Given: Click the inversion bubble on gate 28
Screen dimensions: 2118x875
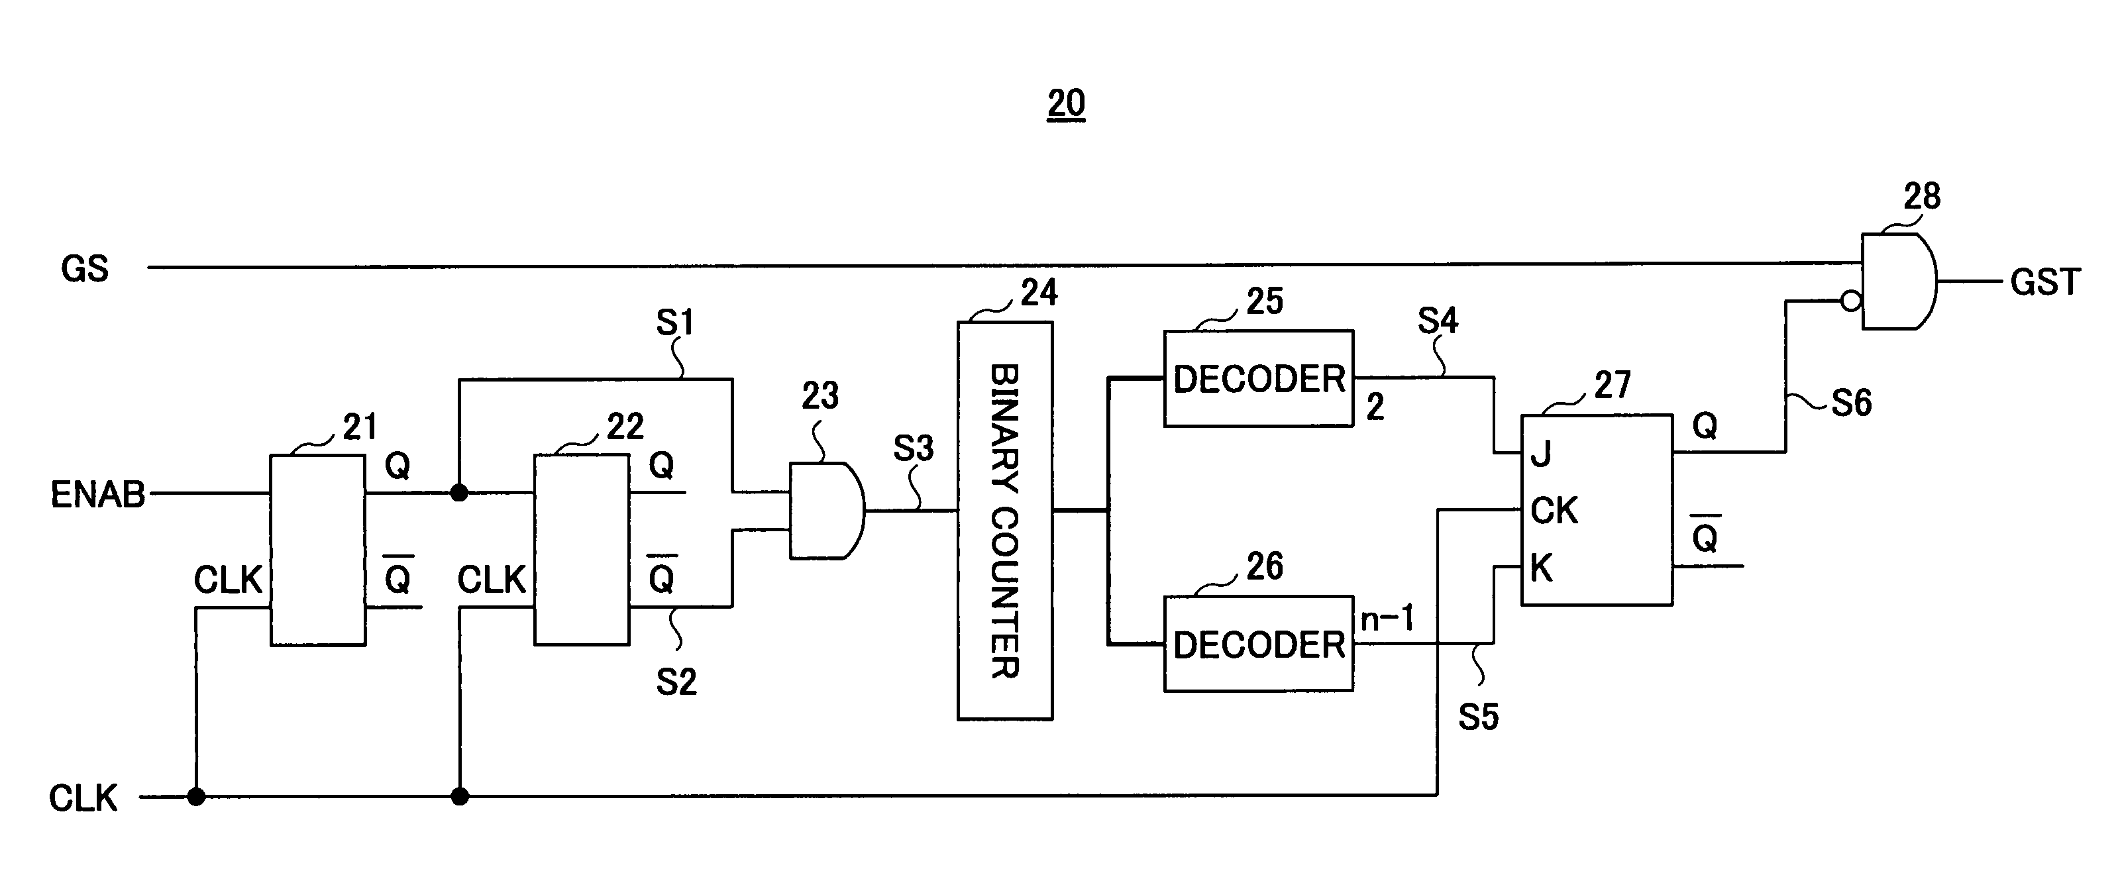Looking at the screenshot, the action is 1852,301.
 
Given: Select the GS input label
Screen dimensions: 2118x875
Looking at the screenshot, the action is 85,269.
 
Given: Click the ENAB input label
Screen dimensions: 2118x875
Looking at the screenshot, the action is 98,494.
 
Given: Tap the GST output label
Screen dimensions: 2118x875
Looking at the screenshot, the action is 2046,282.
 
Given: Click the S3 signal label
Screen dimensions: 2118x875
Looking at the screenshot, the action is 914,448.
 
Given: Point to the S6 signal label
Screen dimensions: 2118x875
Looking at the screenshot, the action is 1852,403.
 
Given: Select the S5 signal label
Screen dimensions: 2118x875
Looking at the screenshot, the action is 1478,717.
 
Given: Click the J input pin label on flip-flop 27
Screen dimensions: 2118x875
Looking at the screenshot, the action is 1541,454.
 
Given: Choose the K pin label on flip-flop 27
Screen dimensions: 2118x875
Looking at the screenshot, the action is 1542,568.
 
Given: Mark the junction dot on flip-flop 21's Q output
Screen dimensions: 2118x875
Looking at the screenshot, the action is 460,493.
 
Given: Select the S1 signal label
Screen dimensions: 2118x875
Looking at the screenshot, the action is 675,323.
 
